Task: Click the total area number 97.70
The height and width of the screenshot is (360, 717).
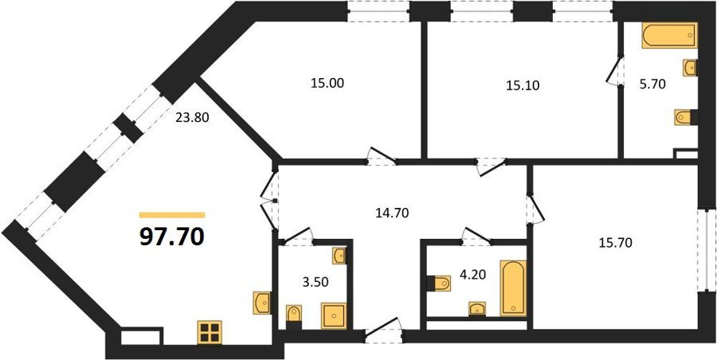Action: [x=172, y=237]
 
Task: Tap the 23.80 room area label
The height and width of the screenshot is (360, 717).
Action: [x=192, y=118]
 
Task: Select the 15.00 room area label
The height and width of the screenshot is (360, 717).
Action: [x=327, y=84]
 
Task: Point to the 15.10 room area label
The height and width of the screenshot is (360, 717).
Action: [x=523, y=85]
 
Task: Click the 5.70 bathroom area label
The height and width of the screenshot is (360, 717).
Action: [x=652, y=84]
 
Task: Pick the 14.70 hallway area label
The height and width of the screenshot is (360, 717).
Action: [x=392, y=212]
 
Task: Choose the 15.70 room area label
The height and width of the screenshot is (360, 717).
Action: [x=616, y=243]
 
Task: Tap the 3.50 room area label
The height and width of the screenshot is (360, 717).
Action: [x=315, y=281]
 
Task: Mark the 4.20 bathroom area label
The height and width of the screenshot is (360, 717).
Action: [x=472, y=274]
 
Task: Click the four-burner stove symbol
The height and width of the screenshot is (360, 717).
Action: [x=210, y=332]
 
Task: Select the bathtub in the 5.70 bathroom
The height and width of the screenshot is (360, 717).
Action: [x=670, y=35]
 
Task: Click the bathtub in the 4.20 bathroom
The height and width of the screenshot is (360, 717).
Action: [x=513, y=288]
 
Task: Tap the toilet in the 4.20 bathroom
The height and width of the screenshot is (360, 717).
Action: [x=439, y=284]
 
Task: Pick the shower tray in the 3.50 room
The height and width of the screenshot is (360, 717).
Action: [x=334, y=315]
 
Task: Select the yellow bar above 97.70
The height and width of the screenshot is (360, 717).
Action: [x=172, y=215]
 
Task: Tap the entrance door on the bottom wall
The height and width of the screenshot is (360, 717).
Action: [x=383, y=330]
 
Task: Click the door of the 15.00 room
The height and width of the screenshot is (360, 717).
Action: [x=382, y=156]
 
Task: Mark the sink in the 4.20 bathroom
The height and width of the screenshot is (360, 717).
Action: [x=477, y=309]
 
